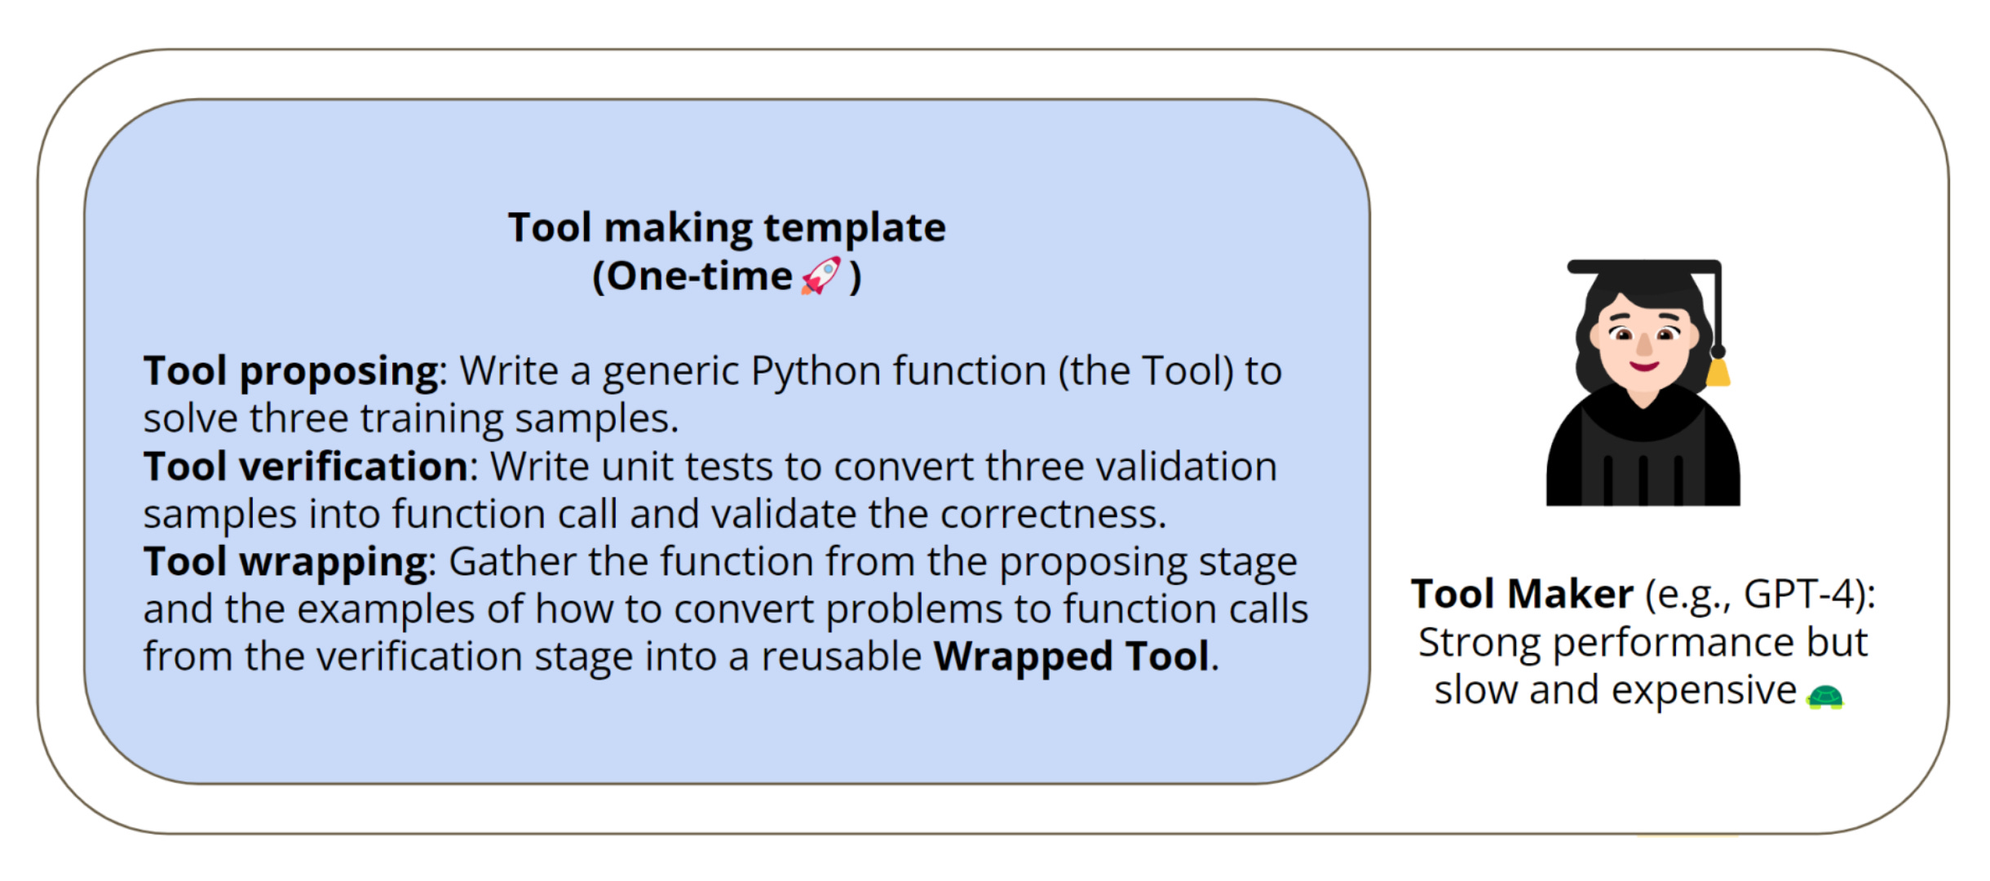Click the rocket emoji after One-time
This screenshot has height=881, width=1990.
[x=820, y=276]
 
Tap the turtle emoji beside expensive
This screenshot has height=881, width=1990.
[x=1824, y=697]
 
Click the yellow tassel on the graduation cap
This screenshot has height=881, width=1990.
[x=1718, y=373]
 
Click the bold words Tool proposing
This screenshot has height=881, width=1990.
[x=291, y=371]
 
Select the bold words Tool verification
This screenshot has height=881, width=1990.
[x=305, y=467]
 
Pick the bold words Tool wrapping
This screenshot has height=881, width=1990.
[x=285, y=562]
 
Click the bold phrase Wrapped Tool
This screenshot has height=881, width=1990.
[x=1071, y=657]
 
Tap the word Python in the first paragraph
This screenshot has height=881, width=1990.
[x=815, y=371]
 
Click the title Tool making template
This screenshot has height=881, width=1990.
[x=727, y=227]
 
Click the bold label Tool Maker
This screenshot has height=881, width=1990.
[x=1522, y=594]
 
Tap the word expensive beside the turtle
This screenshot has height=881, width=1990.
[x=1704, y=691]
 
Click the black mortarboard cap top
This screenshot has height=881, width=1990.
[x=1643, y=268]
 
